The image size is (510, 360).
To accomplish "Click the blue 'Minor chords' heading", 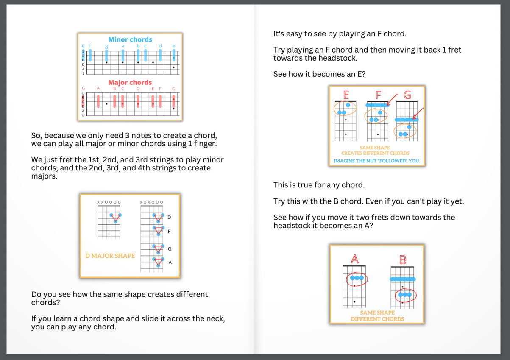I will (130, 39).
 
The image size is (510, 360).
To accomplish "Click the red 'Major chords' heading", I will (130, 82).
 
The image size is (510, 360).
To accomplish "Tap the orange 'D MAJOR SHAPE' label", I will (110, 256).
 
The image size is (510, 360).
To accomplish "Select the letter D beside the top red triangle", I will (170, 217).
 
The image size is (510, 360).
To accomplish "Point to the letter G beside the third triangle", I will (170, 249).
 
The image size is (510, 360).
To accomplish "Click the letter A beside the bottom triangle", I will (170, 262).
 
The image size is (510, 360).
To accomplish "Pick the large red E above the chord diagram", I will (346, 95).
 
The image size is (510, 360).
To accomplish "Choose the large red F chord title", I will (378, 95).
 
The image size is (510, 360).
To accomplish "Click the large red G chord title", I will (407, 95).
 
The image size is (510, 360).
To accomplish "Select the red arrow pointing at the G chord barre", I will (418, 114).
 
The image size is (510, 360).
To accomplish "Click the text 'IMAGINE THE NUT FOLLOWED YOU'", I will (376, 161).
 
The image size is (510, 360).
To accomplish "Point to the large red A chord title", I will (355, 259).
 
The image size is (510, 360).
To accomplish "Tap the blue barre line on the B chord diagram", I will (403, 279).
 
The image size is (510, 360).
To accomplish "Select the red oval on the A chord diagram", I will (357, 279).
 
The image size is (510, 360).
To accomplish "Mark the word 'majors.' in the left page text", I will (45, 176).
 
